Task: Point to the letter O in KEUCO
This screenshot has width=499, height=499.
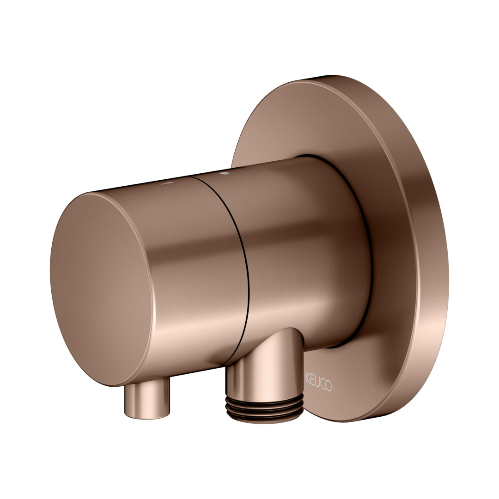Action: (x=329, y=385)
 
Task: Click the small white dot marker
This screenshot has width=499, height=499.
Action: (x=225, y=173)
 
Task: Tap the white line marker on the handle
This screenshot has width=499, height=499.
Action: (x=167, y=183)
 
